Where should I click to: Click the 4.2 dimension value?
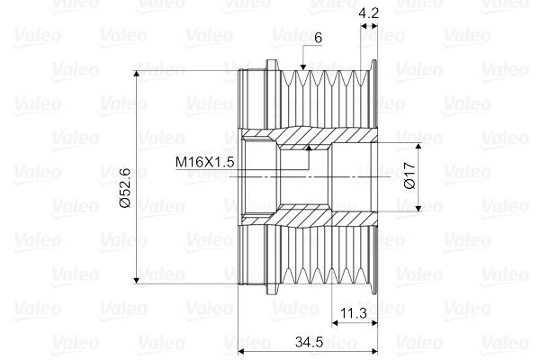[x=368, y=13]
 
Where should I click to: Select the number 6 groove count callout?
[x=319, y=38]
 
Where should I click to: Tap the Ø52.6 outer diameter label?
[x=125, y=187]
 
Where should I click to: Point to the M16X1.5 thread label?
[x=204, y=162]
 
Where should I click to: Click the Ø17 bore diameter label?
[x=409, y=175]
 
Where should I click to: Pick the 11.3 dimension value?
[x=354, y=313]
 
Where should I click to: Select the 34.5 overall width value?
[x=309, y=342]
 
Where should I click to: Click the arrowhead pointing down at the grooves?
[x=303, y=67]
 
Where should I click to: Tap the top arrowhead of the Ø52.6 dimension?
[x=137, y=74]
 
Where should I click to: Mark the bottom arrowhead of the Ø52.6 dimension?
[x=137, y=281]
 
